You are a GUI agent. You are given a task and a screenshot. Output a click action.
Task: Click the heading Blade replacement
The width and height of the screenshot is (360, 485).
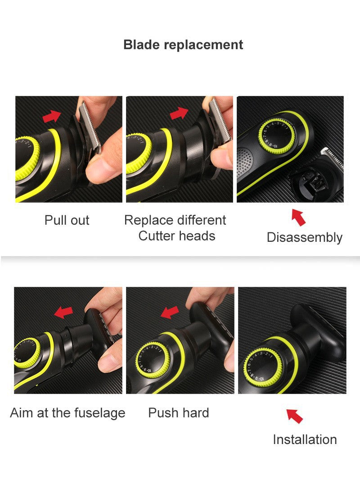(x=183, y=45)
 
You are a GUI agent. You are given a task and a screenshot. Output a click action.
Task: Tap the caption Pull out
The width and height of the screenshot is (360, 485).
(x=67, y=220)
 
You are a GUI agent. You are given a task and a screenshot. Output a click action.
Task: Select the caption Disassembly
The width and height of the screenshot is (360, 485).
(x=304, y=237)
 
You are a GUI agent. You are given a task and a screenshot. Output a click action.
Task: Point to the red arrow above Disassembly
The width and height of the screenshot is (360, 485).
(x=298, y=217)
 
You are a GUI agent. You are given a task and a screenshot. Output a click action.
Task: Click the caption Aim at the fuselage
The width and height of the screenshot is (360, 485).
(x=67, y=412)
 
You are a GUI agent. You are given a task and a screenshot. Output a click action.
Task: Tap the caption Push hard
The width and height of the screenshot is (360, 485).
(x=179, y=412)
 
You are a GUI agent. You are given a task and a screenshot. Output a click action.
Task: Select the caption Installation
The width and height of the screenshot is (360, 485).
(x=305, y=440)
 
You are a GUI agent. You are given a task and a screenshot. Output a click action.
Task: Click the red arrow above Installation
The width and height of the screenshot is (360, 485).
(x=295, y=416)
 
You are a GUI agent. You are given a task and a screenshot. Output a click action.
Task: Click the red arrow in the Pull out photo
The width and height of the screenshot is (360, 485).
(x=51, y=117)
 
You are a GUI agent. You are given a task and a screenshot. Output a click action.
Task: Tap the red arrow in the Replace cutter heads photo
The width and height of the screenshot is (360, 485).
(x=179, y=113)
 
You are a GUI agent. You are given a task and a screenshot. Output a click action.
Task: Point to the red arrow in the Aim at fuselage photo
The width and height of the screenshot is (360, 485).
(x=63, y=312)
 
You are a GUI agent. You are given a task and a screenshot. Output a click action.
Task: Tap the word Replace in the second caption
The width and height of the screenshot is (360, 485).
(x=148, y=220)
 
